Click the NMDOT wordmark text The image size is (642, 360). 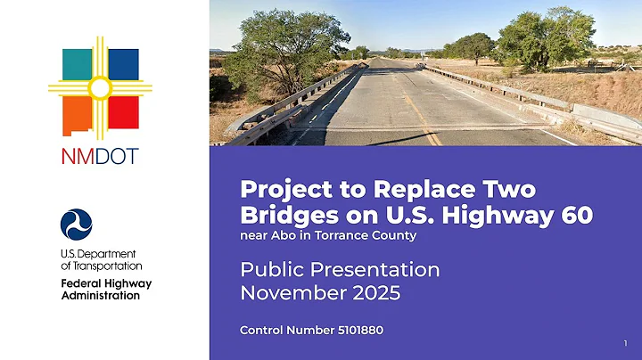[x=100, y=156]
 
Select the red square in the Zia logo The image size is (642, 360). [x=124, y=111]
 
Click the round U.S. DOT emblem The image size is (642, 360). [x=77, y=225]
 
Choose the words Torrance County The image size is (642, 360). [x=374, y=236]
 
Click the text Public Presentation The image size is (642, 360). [x=340, y=269]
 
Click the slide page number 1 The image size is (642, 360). [x=626, y=343]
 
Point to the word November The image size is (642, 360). [x=284, y=292]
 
